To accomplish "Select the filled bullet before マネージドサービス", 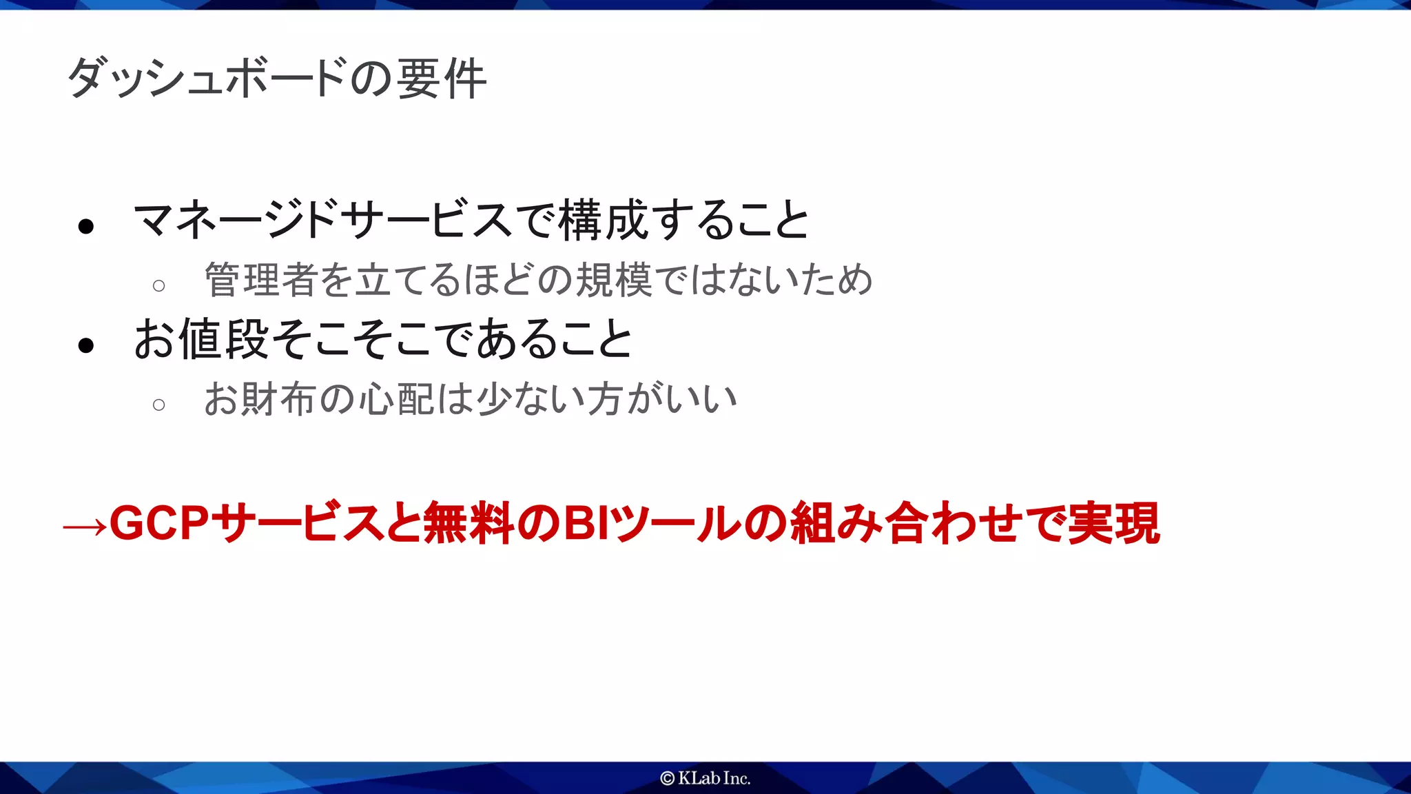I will coord(86,226).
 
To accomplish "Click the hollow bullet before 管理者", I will coord(159,285).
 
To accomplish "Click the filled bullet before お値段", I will coord(86,345).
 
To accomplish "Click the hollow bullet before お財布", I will coord(159,405).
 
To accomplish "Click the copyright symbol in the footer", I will coord(667,778).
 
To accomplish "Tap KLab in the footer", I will coord(699,778).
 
